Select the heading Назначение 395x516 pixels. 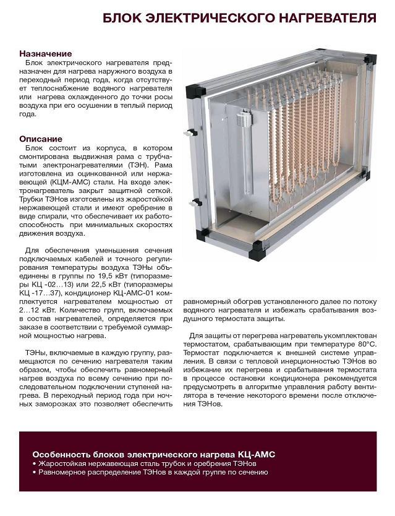tap(45, 54)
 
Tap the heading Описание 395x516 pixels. tap(41, 139)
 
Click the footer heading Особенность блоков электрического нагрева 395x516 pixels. tap(153, 454)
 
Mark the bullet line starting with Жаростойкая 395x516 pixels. tap(147, 463)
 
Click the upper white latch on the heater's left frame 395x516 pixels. tap(187, 132)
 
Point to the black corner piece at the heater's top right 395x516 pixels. tap(370, 60)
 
